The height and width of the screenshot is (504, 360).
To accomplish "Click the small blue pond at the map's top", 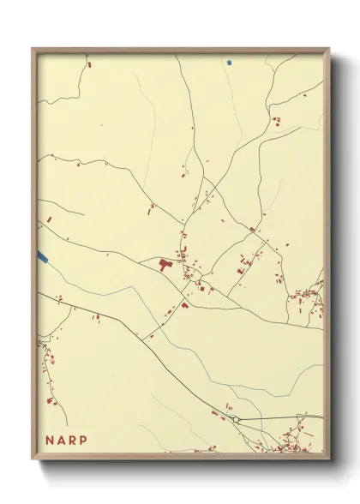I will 230,63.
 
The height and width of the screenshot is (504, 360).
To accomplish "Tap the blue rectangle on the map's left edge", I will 42,255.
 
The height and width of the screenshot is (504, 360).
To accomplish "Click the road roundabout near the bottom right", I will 236,419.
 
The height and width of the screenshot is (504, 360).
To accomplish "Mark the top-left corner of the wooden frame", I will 33,50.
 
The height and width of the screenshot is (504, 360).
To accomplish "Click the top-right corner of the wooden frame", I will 329,50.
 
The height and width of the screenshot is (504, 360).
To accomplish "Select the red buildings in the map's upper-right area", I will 276,120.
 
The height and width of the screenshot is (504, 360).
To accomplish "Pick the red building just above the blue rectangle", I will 49,220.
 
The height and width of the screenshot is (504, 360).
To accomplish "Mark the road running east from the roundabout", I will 283,417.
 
